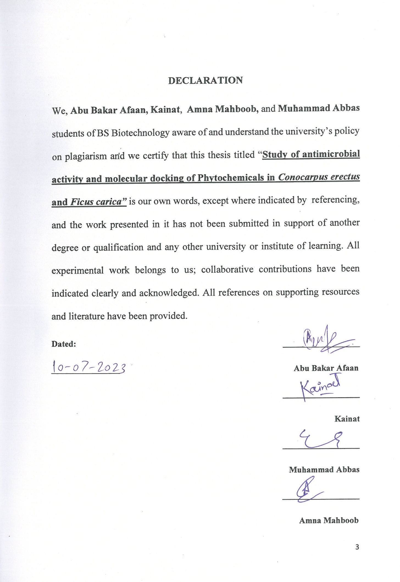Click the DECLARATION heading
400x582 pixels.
pos(205,80)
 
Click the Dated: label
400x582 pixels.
pos(64,344)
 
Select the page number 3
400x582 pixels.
pos(357,547)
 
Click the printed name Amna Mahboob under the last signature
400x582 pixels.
pos(329,520)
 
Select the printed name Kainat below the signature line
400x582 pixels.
pos(347,419)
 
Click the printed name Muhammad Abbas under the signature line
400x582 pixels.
pos(324,470)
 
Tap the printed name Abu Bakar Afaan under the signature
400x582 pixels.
pos(326,368)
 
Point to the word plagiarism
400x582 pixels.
pos(86,156)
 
